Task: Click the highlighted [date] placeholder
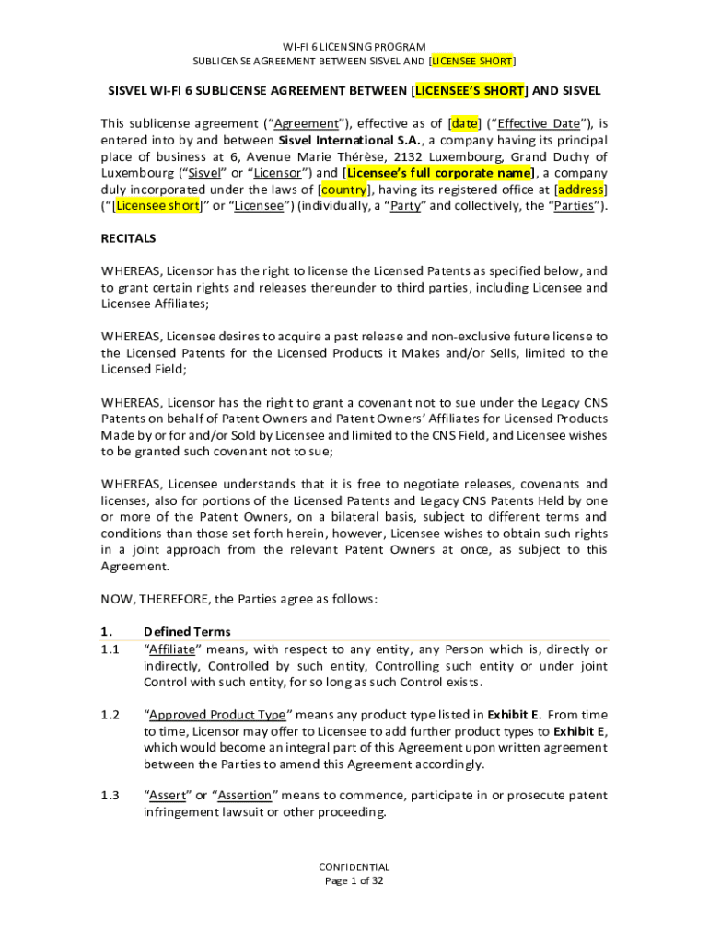tap(464, 123)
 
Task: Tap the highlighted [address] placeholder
tap(581, 190)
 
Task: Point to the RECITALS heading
tap(128, 238)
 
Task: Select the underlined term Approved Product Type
tap(217, 715)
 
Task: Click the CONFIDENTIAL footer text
tap(354, 867)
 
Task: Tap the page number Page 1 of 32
tap(354, 880)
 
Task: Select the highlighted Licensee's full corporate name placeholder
tap(439, 173)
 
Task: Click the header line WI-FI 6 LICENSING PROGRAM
tap(354, 46)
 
